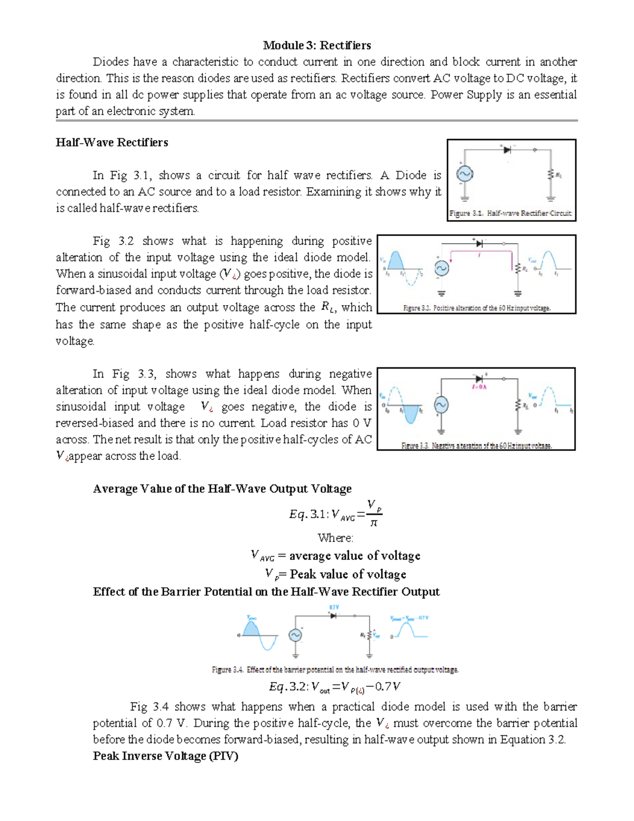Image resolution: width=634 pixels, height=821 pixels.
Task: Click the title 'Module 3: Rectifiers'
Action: click(x=317, y=45)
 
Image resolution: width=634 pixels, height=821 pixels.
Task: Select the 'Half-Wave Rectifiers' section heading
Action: click(x=112, y=143)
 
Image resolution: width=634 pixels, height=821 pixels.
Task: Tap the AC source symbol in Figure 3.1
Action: click(x=464, y=174)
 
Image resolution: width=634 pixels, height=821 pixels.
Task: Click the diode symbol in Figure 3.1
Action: click(x=507, y=150)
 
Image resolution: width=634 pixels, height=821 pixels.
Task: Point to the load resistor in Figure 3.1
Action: click(x=551, y=174)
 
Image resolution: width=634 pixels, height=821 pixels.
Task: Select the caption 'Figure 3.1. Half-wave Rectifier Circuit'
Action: click(x=510, y=214)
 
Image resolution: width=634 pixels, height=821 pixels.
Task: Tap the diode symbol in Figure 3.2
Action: click(x=479, y=244)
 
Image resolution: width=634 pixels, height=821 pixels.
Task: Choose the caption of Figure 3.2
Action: click(x=477, y=308)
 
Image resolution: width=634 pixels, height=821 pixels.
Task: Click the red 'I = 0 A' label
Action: click(x=479, y=387)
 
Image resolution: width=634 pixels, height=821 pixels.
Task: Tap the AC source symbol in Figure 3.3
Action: click(x=441, y=405)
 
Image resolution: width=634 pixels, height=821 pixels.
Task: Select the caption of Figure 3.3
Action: click(x=477, y=446)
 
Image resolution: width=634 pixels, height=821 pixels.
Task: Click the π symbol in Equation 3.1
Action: click(x=374, y=523)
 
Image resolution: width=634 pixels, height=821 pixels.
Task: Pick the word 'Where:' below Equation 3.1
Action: click(x=335, y=538)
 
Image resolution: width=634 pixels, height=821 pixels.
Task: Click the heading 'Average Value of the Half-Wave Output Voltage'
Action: click(x=222, y=489)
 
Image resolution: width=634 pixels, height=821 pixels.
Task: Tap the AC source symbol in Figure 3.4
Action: click(x=295, y=635)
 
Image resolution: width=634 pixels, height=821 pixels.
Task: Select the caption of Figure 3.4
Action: click(x=335, y=670)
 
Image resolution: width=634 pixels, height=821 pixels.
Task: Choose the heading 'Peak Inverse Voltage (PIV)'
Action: click(x=165, y=756)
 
